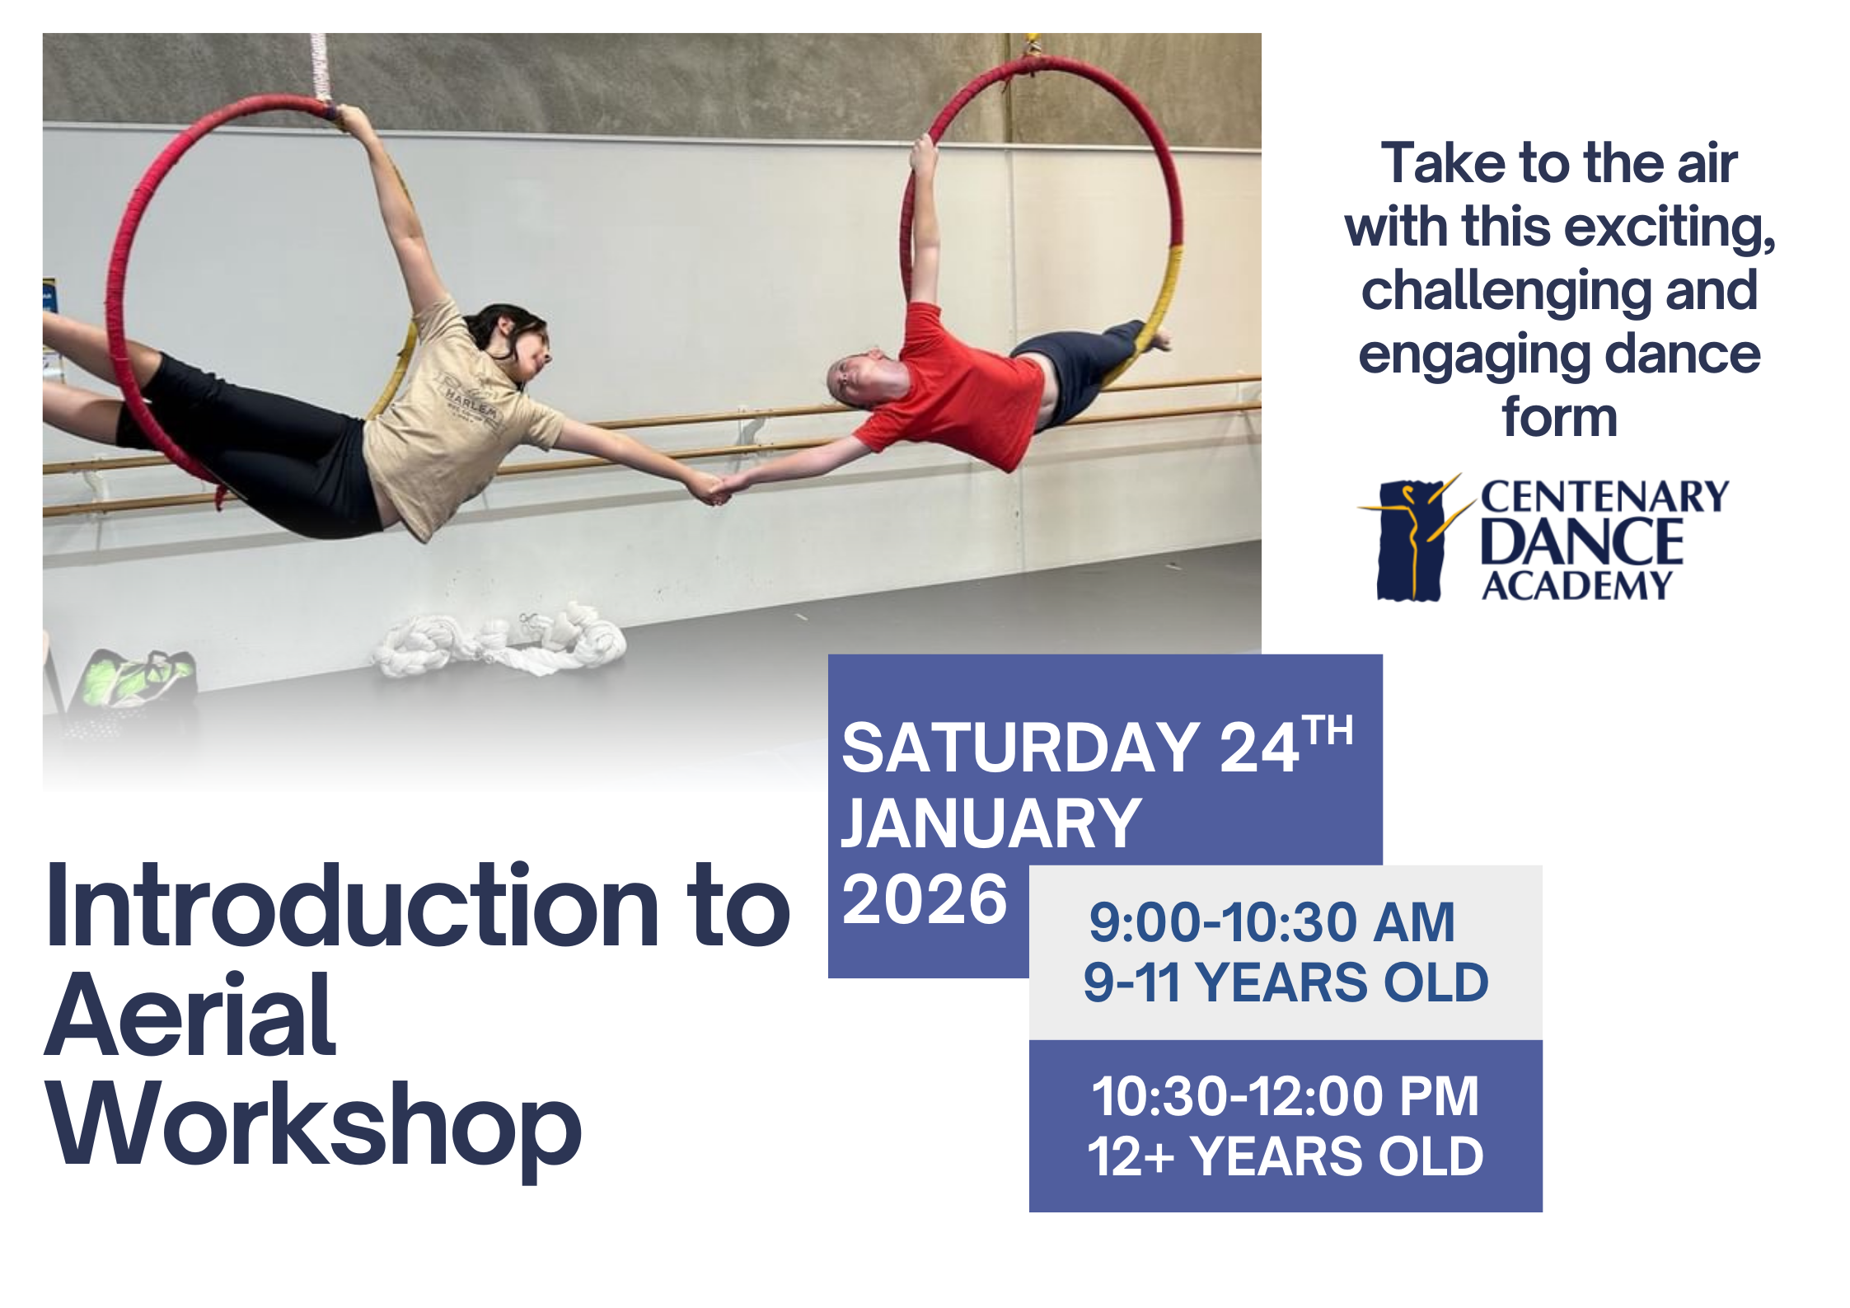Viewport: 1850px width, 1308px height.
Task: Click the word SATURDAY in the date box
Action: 1020,748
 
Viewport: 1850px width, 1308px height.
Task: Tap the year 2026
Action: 925,899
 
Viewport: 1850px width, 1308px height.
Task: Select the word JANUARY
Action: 991,823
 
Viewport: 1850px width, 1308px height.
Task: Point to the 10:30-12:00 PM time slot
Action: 1286,1096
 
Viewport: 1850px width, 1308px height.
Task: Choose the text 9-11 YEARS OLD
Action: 1286,982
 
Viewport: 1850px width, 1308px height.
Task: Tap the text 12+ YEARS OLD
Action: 1286,1156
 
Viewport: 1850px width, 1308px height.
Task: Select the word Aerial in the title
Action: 190,1014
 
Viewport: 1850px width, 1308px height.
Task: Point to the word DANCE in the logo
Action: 1582,541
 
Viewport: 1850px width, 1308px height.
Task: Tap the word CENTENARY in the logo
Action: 1604,498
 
